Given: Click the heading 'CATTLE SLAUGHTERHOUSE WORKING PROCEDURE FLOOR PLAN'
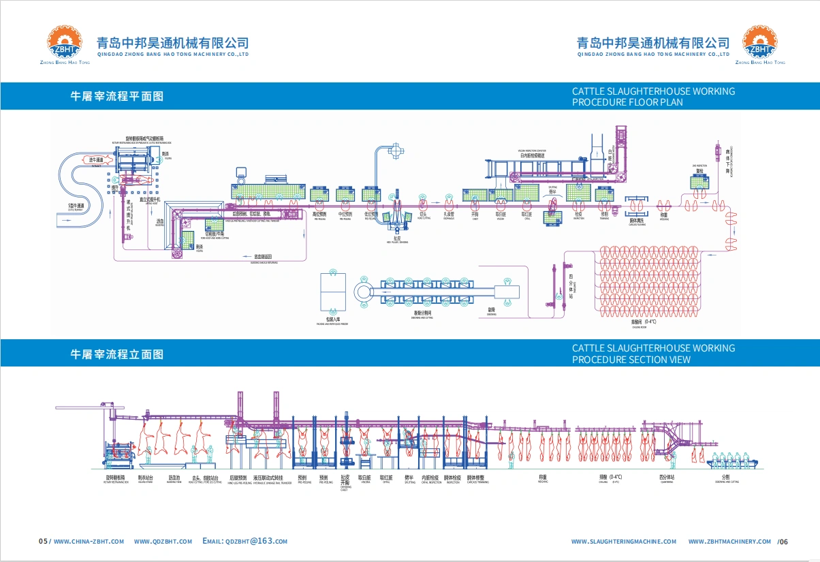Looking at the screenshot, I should tap(653, 97).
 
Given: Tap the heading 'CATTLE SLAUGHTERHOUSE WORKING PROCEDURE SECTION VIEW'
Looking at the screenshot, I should tap(653, 354).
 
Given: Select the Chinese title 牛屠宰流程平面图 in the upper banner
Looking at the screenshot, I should tap(117, 97).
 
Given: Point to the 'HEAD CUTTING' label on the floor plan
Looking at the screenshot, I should tap(423, 217).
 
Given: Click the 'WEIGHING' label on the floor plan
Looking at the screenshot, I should tap(663, 217).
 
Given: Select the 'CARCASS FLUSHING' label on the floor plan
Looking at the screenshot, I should tap(637, 222).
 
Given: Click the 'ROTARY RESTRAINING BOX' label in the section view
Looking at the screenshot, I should tap(118, 481).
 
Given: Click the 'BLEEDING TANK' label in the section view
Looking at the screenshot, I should tap(174, 481).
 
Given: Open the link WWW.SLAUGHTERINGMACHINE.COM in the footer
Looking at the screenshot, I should tap(624, 542).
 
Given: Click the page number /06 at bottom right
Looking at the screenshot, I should tap(783, 542).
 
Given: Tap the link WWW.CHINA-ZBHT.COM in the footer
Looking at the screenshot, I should tap(89, 542).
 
